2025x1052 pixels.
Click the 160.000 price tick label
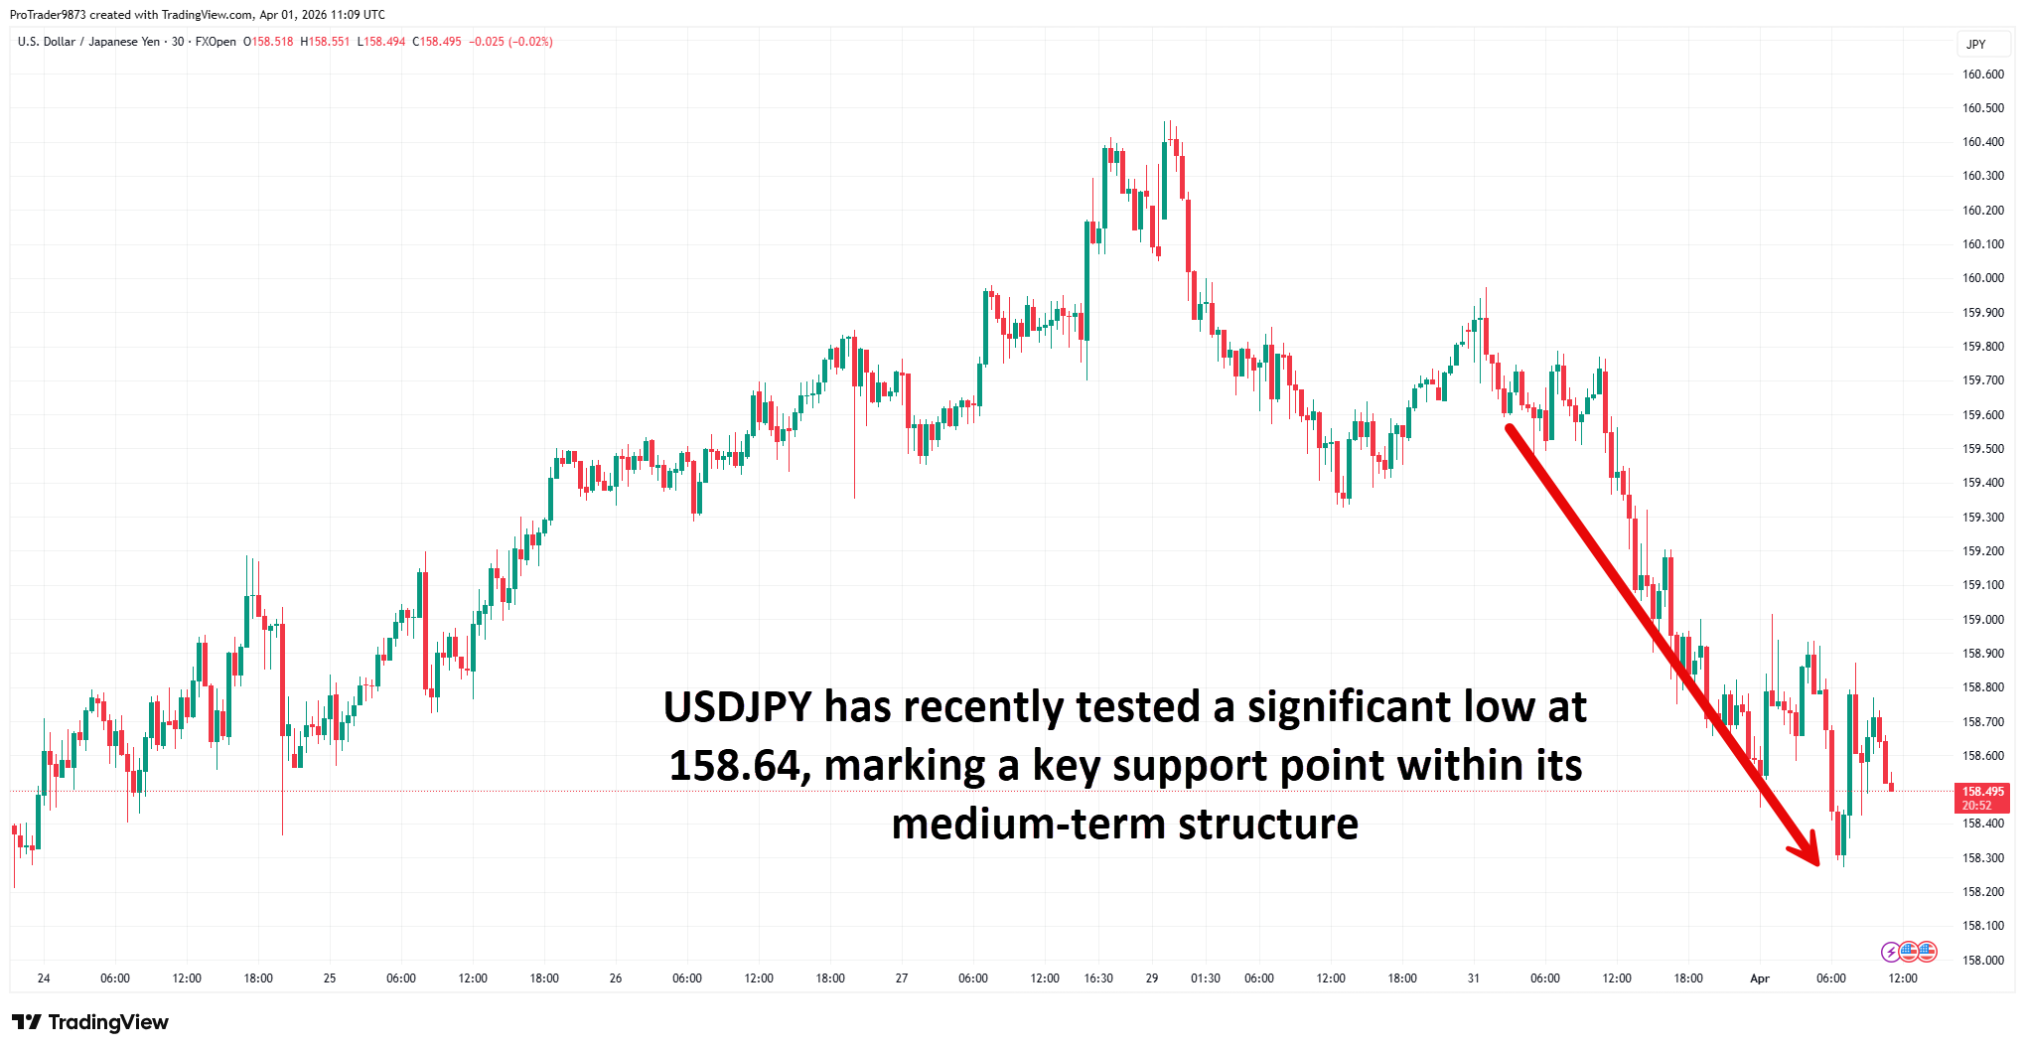coord(1982,278)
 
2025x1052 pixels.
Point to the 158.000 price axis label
coord(1982,960)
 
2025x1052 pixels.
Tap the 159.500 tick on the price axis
coord(1982,449)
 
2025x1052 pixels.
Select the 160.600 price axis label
coord(1982,75)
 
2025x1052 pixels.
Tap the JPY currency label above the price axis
coord(1975,44)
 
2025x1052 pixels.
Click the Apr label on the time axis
coord(1759,978)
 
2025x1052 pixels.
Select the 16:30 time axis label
coord(1098,978)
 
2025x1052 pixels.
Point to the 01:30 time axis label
coord(1205,978)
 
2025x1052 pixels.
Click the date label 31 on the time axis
coord(1473,978)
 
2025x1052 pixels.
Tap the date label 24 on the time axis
coord(44,978)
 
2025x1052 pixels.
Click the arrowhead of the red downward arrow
coord(1809,855)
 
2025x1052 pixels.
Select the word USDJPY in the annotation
coord(737,707)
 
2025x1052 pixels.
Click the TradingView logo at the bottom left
coord(90,1022)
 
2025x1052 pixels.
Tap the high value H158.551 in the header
coord(325,42)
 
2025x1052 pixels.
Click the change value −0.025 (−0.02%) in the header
coord(510,42)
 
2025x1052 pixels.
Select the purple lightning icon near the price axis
coord(1890,952)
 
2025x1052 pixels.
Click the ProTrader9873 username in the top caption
coord(48,15)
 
